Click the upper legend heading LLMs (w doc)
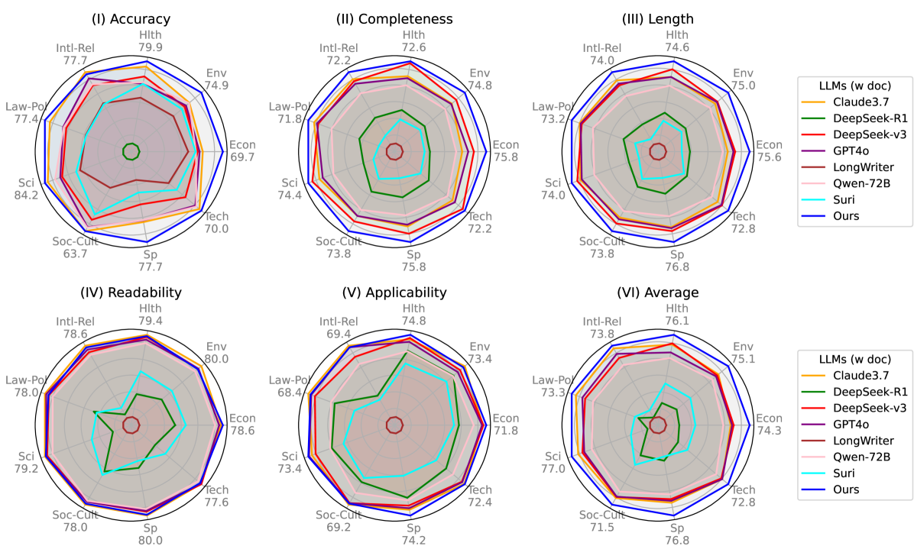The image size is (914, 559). pyautogui.click(x=854, y=85)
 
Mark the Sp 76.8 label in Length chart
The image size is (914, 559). pyautogui.click(x=677, y=260)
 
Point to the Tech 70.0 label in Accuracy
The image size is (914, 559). pyautogui.click(x=216, y=222)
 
